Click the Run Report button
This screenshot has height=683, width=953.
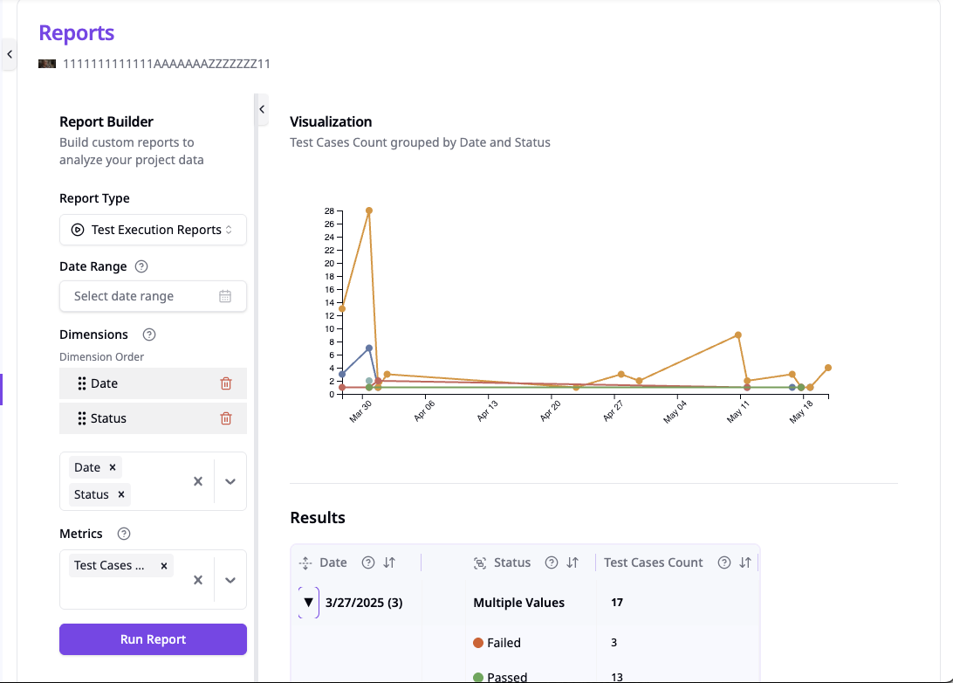[x=153, y=639]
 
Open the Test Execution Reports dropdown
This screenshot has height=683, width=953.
[x=153, y=230]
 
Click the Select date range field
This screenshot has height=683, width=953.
[x=153, y=296]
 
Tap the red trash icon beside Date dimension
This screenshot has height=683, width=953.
[x=226, y=383]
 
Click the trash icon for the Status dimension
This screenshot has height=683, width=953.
[x=226, y=418]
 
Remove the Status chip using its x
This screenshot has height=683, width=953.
[x=121, y=494]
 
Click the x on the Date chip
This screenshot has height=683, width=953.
[x=113, y=467]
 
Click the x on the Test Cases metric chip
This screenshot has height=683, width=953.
[x=164, y=565]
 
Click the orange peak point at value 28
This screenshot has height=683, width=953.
[x=369, y=210]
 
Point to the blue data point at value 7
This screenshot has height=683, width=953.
[x=369, y=348]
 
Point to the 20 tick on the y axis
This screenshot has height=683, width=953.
[x=329, y=263]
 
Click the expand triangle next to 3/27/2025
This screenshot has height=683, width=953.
[x=308, y=603]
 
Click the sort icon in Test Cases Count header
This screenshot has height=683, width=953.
[x=745, y=562]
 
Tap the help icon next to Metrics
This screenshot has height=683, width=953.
[x=124, y=534]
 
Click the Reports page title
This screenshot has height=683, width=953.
[x=77, y=33]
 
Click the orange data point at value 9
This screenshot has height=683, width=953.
[x=738, y=335]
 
